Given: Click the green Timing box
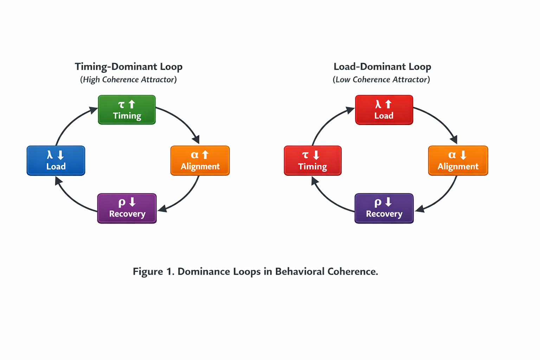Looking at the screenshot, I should [127, 110].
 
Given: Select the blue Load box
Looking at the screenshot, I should [56, 161].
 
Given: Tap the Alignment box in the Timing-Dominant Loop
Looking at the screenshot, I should [200, 161].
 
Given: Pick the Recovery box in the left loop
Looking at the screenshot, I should [127, 208].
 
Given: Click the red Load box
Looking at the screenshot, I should [384, 110].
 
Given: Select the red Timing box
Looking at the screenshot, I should [313, 161].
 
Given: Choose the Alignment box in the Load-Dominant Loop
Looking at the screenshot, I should [458, 161].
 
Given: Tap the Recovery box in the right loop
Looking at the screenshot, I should [384, 208].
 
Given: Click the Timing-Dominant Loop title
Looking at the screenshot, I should [128, 67].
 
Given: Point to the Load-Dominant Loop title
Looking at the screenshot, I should [382, 67].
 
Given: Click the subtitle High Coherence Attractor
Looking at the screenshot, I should [128, 80].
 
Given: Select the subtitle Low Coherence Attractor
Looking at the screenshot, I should [381, 80].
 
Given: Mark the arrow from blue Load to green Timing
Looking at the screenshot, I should [70, 121].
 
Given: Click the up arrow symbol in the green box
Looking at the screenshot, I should [132, 104].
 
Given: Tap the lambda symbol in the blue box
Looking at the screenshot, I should [50, 155].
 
